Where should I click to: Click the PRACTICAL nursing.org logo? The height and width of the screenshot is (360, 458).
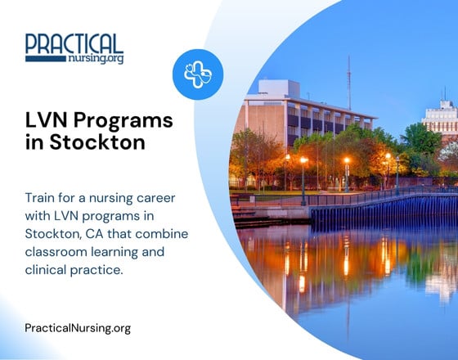[74, 48]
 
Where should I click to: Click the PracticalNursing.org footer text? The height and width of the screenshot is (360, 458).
[78, 328]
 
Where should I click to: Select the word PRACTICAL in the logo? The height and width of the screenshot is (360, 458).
[74, 43]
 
